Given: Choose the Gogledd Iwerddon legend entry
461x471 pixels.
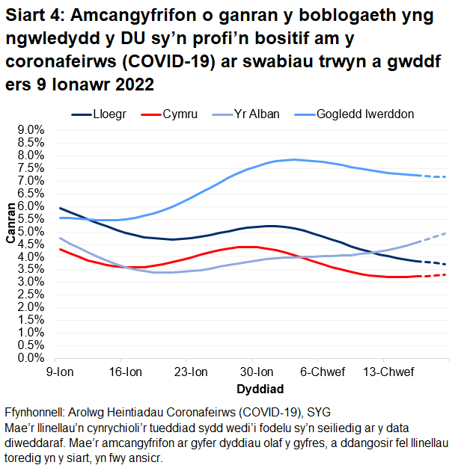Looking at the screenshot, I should coord(365,114).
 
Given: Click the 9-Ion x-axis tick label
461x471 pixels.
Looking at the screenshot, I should coord(60,372).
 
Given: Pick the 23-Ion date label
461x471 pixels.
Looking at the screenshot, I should coord(191,372).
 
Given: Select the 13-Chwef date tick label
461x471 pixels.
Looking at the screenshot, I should coord(386,372).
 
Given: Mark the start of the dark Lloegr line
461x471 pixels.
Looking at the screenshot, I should coord(60,208).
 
